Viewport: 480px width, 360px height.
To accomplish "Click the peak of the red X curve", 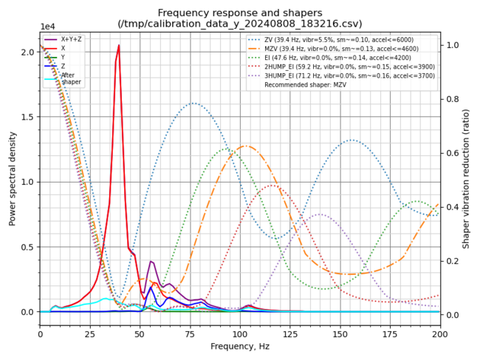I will pyautogui.click(x=119, y=46).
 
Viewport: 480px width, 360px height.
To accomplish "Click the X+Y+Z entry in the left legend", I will pyautogui.click(x=72, y=39).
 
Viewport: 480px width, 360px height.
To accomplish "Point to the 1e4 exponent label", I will pyautogui.click(x=48, y=27).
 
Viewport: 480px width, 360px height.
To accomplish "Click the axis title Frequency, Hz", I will pyautogui.click(x=240, y=347).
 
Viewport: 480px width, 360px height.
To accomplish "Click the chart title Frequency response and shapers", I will pyautogui.click(x=240, y=13).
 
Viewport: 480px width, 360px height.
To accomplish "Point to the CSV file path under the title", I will pyautogui.click(x=240, y=24).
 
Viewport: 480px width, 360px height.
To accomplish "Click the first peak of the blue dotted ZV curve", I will pyautogui.click(x=193, y=103).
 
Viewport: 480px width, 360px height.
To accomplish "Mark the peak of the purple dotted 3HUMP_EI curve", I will pyautogui.click(x=320, y=214).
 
